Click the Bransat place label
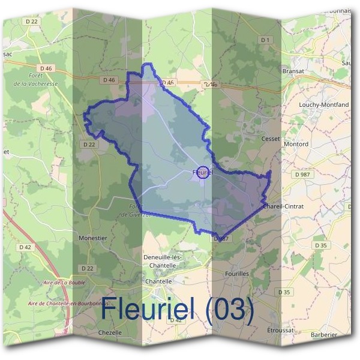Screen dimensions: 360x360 click(293, 70)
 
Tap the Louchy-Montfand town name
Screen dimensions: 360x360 click(323, 104)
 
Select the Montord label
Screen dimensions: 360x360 click(296, 144)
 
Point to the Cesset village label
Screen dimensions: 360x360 click(271, 138)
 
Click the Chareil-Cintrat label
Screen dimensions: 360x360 click(284, 206)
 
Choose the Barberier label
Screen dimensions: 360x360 click(325, 335)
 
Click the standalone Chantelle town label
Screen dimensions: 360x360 click(159, 281)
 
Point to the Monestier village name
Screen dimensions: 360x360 click(93, 238)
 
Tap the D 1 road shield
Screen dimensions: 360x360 click(265, 40)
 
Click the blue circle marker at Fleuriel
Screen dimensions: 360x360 click(203, 173)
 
